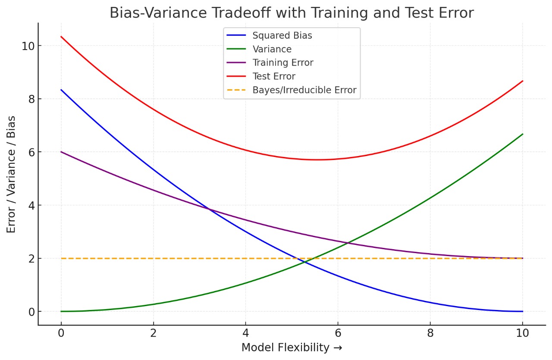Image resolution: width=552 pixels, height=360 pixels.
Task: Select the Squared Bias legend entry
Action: pos(282,36)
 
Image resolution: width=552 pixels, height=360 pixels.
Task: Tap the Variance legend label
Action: pos(272,49)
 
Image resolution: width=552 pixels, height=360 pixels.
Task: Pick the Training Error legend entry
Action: pos(283,63)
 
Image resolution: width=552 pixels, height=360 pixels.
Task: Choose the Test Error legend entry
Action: pos(274,77)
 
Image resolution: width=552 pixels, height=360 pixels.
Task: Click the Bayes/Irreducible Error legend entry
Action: pos(304,90)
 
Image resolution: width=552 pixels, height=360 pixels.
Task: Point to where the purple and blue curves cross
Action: pos(209,210)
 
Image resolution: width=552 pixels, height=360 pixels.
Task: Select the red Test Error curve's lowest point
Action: pos(318,160)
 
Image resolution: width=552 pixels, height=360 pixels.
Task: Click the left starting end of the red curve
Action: pos(61,37)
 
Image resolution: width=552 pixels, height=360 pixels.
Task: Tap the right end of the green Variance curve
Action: pos(523,134)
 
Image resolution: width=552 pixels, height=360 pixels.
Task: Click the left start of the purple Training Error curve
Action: pos(61,152)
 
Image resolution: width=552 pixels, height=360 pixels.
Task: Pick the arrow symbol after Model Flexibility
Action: pos(338,348)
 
